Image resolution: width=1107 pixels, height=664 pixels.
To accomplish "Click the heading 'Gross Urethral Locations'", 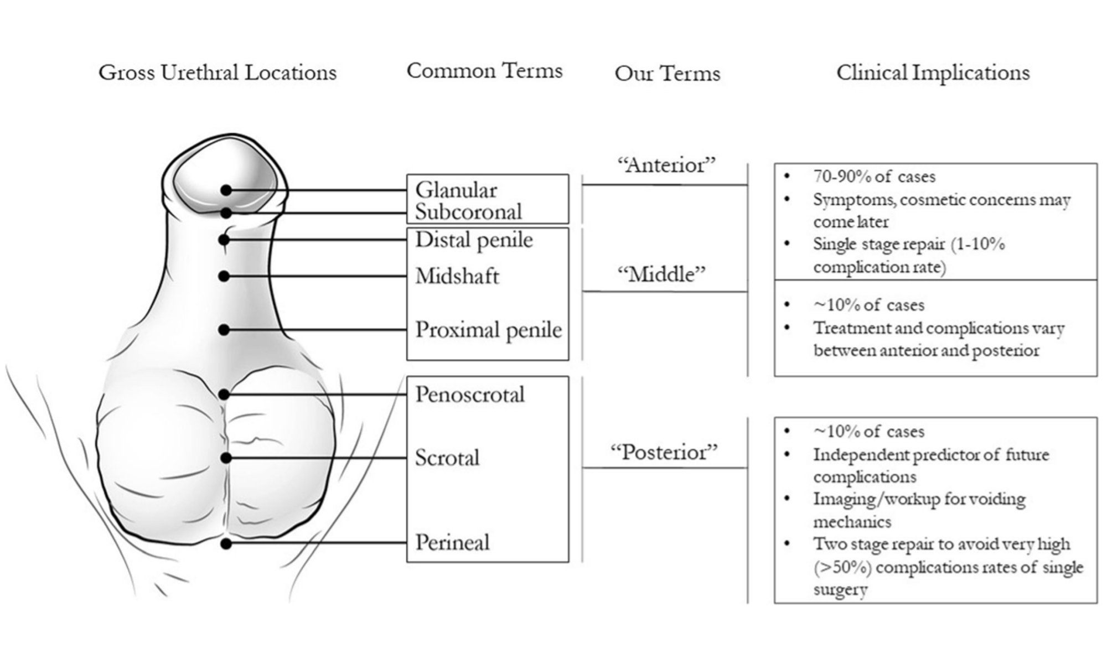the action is [x=218, y=72].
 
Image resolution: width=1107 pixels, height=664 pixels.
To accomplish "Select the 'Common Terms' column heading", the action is [x=484, y=71].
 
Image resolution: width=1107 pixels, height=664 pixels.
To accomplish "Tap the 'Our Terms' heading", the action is [x=668, y=74].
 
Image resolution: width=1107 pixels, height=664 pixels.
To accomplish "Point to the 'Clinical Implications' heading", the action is [x=933, y=72].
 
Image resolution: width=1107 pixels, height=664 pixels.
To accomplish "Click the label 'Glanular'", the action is [x=456, y=190].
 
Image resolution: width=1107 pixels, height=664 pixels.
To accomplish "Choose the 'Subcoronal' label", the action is [x=469, y=211].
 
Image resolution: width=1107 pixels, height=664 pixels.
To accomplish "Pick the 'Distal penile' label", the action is [x=474, y=240].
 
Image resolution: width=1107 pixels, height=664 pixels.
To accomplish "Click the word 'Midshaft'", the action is [x=457, y=276].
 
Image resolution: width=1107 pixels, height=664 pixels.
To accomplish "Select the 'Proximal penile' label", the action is [x=489, y=330].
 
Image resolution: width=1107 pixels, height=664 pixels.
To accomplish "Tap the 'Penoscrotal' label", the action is [x=470, y=395].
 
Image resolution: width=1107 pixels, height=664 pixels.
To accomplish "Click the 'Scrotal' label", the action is [x=447, y=458].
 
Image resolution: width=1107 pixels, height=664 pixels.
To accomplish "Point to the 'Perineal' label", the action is [x=452, y=542].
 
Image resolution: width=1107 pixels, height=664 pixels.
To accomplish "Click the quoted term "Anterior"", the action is [x=666, y=164].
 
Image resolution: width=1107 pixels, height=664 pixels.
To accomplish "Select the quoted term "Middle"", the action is [x=661, y=274].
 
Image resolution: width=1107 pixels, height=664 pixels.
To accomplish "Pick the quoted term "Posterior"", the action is [x=664, y=452].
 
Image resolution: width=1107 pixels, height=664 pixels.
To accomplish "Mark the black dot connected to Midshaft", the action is [x=224, y=276].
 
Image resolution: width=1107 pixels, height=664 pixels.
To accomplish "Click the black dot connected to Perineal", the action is [x=225, y=544].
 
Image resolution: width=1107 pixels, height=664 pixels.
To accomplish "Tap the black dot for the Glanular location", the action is [x=226, y=190].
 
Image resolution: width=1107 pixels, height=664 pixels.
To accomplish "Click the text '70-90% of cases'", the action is [x=874, y=177].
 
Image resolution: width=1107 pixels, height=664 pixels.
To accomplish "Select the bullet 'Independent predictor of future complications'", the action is [x=931, y=466].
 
